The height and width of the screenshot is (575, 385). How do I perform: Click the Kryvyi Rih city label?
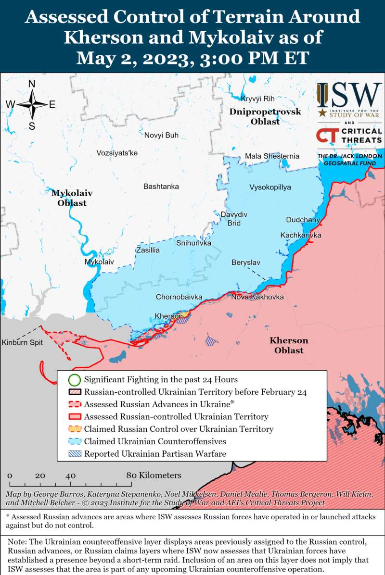[257, 99]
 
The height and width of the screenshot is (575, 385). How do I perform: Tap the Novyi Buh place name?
[161, 135]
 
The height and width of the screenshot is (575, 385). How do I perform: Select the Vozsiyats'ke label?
[117, 153]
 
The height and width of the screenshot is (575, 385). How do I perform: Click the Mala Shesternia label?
[272, 156]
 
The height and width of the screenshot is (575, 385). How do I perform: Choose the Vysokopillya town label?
[270, 187]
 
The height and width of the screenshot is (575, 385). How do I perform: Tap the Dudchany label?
[303, 220]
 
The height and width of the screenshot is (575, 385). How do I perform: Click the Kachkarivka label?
[301, 235]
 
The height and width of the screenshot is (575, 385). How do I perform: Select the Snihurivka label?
[193, 243]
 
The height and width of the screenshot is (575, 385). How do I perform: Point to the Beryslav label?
[245, 262]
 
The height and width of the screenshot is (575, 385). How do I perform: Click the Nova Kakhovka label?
[257, 297]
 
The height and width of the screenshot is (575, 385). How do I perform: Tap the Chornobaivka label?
[179, 297]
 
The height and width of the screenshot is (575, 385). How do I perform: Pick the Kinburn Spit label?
[22, 343]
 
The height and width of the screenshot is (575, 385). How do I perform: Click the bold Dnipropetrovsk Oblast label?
[265, 116]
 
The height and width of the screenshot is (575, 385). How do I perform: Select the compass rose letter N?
[32, 84]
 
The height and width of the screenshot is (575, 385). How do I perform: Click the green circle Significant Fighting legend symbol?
[74, 380]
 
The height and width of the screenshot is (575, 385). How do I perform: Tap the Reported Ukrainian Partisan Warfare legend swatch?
[74, 453]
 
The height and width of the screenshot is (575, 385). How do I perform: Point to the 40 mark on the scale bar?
[71, 475]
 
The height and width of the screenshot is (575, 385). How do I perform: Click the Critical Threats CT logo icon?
[327, 136]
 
